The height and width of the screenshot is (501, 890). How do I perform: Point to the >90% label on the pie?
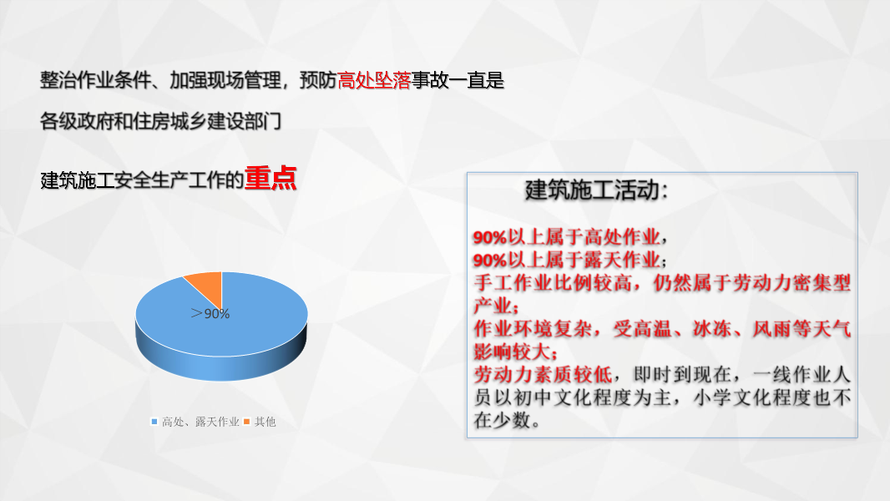[210, 314]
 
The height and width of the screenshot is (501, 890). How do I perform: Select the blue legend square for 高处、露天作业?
[154, 422]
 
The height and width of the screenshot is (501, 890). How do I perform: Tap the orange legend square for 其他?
[247, 422]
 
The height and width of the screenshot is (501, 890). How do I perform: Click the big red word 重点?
[271, 180]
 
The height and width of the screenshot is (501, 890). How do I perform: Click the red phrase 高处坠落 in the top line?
[374, 81]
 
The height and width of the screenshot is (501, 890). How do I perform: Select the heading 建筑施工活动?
[596, 190]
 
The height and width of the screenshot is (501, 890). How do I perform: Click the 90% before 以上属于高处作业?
[490, 236]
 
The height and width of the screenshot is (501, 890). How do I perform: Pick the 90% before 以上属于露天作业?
[490, 259]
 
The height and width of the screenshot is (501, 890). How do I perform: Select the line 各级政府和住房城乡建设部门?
[160, 122]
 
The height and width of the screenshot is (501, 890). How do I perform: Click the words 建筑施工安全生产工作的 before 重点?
[141, 180]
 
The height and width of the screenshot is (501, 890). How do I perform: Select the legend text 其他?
[265, 422]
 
